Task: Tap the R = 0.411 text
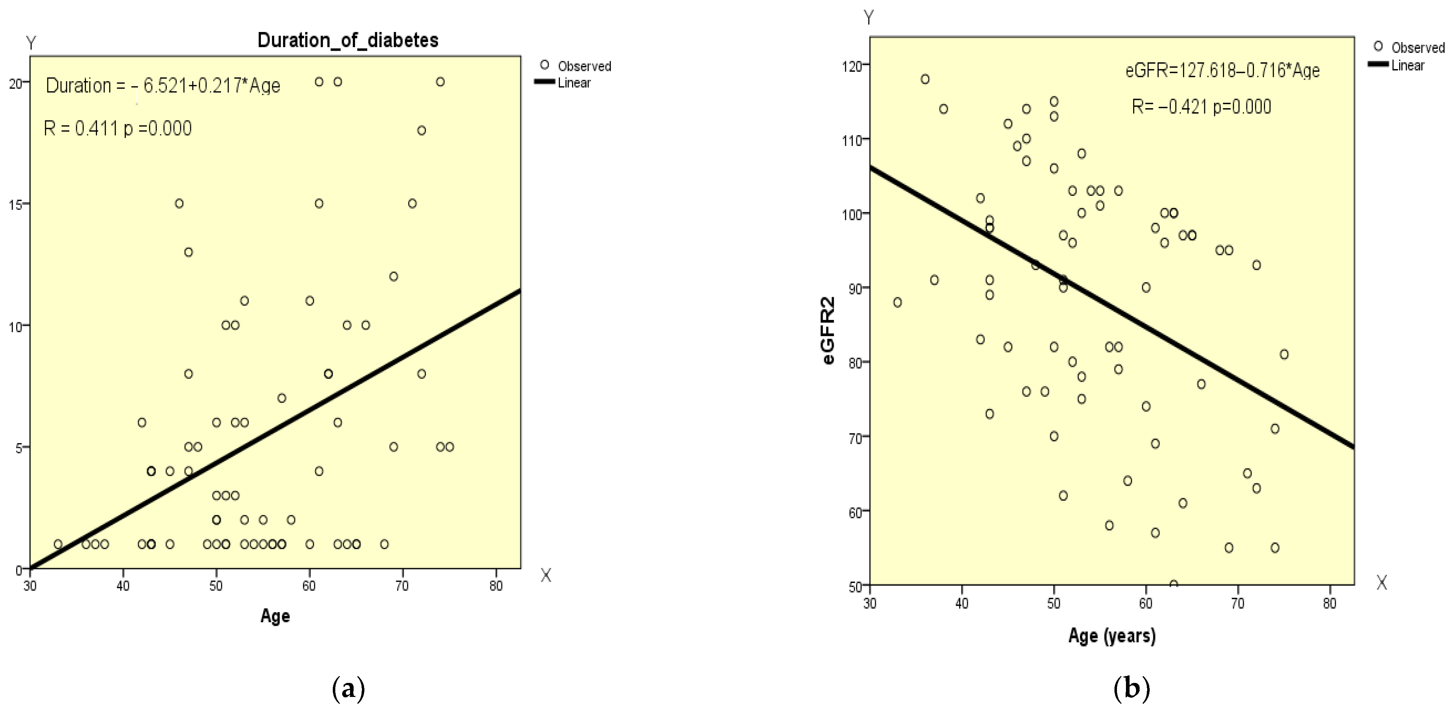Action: (x=117, y=129)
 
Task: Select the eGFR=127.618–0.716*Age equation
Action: (x=1222, y=70)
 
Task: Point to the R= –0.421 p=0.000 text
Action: (x=1201, y=107)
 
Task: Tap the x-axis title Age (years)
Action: (x=1112, y=636)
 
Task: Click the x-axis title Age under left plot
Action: (x=275, y=616)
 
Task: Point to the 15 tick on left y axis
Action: (x=15, y=204)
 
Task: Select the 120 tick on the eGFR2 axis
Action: (x=855, y=66)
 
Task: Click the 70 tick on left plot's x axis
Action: (x=402, y=586)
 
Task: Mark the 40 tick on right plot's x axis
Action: (x=962, y=603)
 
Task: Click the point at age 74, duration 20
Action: (x=440, y=82)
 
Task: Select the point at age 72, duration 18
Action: (x=421, y=130)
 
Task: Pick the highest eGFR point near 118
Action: (x=925, y=79)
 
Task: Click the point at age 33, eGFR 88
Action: (x=897, y=302)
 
